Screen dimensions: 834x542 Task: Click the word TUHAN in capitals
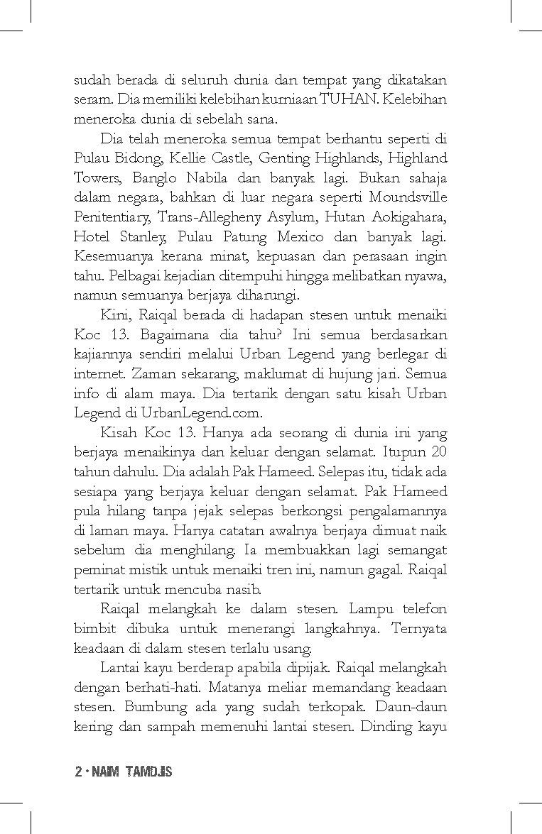345,99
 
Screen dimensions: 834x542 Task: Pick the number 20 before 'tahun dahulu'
438,451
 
